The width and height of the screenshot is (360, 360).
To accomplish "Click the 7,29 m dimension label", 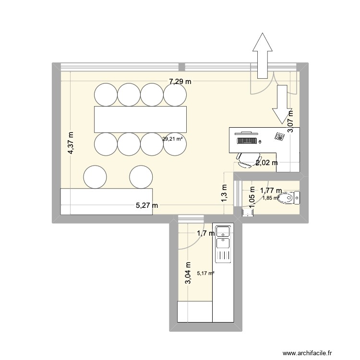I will pyautogui.click(x=180, y=82).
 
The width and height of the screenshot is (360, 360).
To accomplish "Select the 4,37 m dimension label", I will pyautogui.click(x=72, y=143).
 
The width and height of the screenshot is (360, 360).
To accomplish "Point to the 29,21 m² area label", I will pyautogui.click(x=172, y=139).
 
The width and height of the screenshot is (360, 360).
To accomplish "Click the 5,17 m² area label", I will pyautogui.click(x=205, y=274).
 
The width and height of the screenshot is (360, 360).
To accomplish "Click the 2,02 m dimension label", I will pyautogui.click(x=266, y=163).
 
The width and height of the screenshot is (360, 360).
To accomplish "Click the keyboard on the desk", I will pyautogui.click(x=247, y=141).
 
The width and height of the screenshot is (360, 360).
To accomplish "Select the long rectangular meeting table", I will pyautogui.click(x=140, y=120).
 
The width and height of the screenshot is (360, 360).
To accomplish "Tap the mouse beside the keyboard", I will pyautogui.click(x=260, y=142).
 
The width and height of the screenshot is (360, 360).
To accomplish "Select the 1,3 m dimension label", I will pyautogui.click(x=224, y=195).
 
